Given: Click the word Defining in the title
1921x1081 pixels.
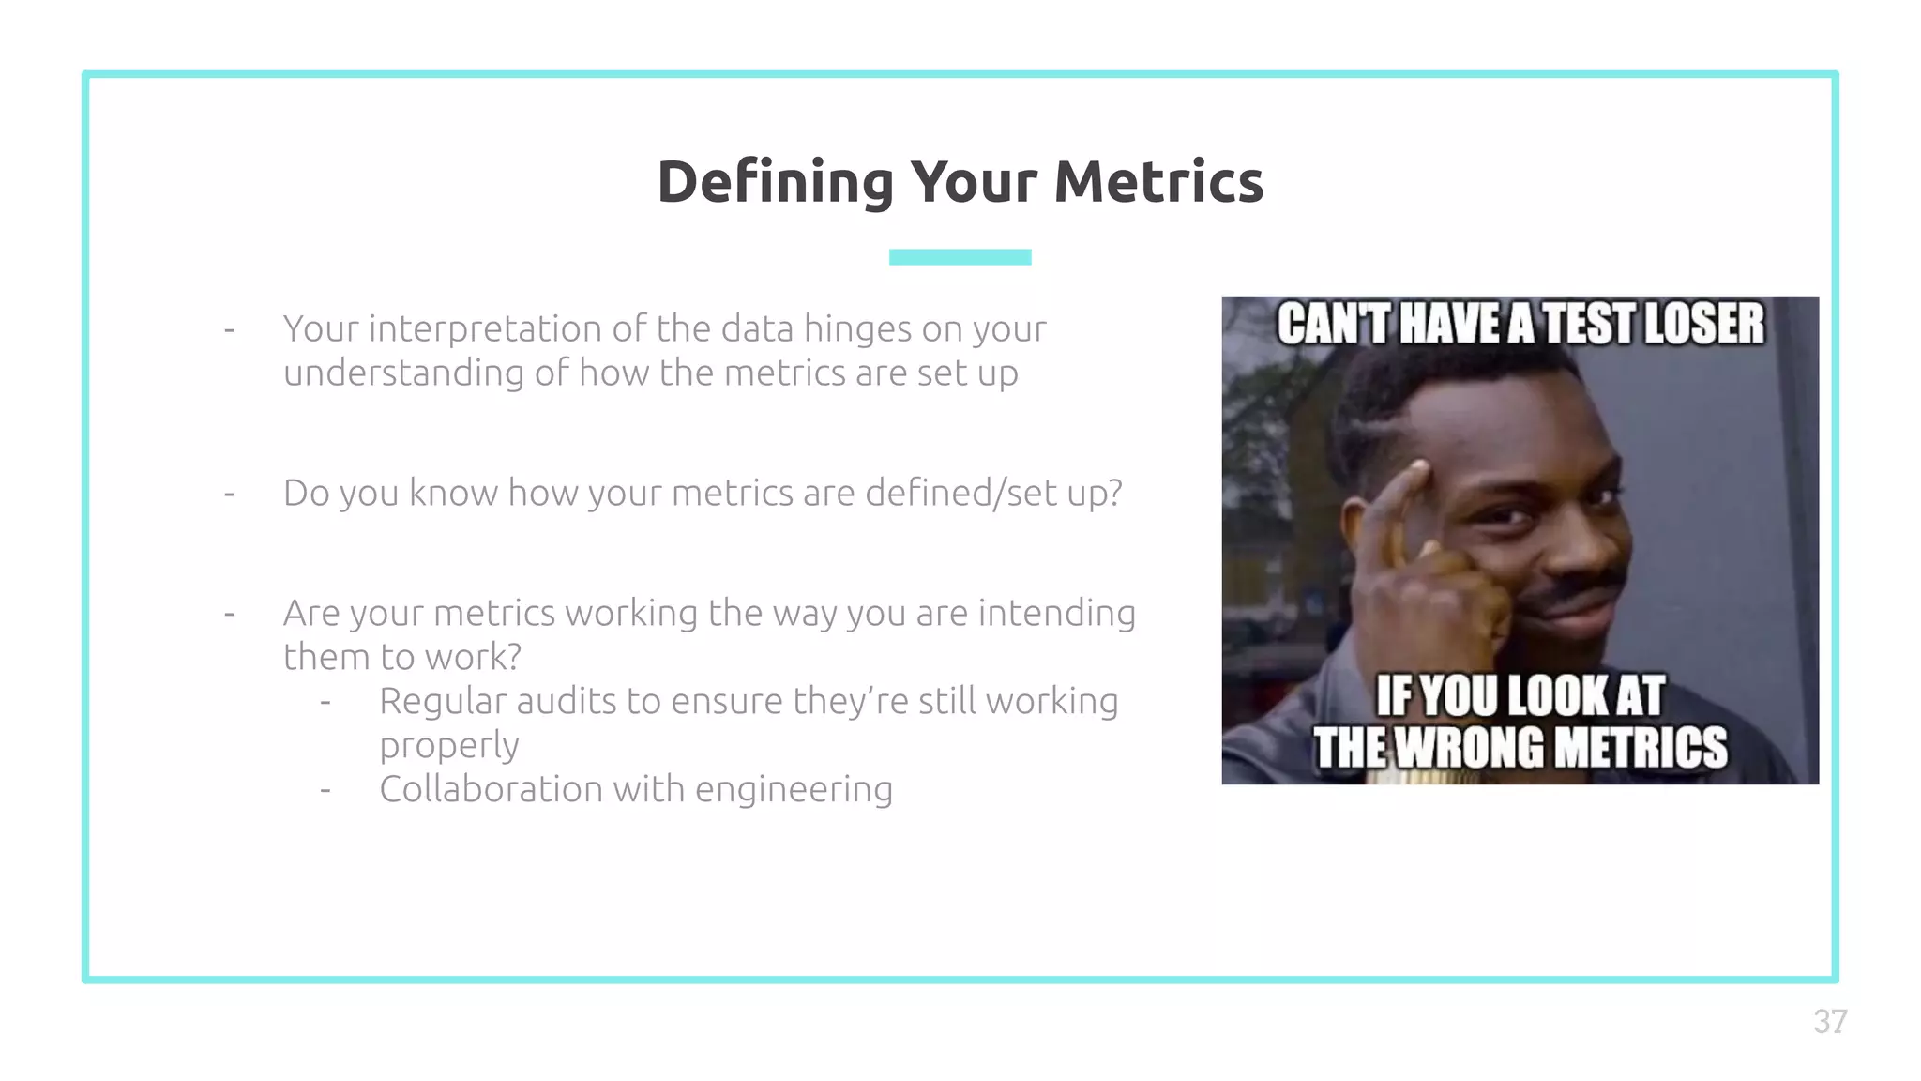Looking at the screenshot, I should click(x=775, y=182).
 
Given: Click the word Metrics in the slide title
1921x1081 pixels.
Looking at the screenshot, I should click(x=1158, y=182).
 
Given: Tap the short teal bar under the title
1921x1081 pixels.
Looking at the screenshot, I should click(x=960, y=257).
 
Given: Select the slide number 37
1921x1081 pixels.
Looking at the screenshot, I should click(x=1829, y=1022).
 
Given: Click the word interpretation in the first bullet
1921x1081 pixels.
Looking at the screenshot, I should click(x=485, y=329).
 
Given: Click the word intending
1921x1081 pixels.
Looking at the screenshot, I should click(x=1056, y=614).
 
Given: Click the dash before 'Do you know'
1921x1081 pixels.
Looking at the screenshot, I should click(x=229, y=494).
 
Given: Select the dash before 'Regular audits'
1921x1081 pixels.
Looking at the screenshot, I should click(x=325, y=702).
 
